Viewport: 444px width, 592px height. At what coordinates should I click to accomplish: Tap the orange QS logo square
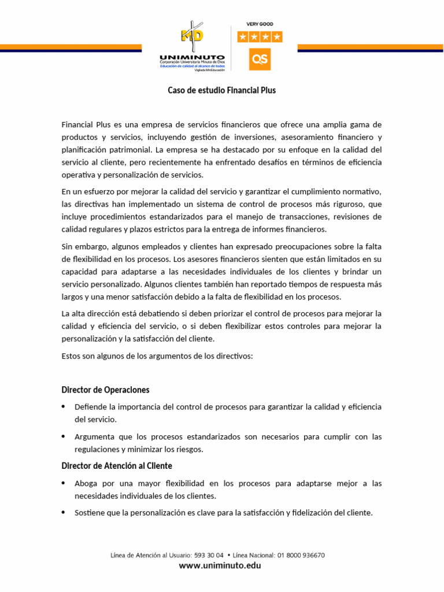click(260, 60)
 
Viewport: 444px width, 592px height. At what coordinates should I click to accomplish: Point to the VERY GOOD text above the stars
click(260, 24)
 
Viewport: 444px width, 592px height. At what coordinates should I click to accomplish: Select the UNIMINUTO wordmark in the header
click(191, 56)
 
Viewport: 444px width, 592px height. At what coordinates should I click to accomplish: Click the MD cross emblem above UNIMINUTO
click(193, 35)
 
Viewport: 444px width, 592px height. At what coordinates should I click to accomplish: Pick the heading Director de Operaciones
click(105, 390)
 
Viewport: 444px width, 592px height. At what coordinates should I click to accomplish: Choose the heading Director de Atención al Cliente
click(117, 465)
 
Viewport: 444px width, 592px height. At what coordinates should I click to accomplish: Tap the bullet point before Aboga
click(64, 483)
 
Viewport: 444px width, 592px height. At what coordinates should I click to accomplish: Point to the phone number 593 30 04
click(209, 555)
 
